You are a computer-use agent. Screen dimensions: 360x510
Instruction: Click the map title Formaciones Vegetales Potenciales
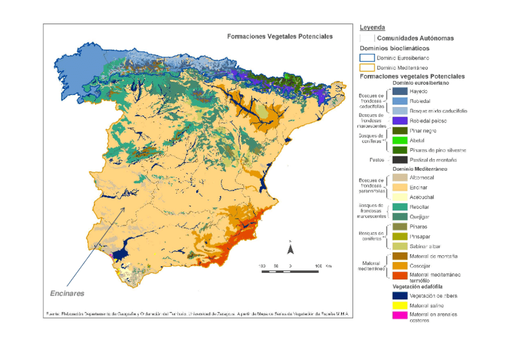pos(280,37)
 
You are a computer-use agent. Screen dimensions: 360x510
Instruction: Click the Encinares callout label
pos(66,293)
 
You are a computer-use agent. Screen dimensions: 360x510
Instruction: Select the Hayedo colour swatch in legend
pos(400,91)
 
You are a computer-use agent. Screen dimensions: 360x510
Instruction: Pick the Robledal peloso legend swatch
pos(400,121)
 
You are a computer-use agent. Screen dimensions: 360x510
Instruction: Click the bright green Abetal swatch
pos(400,140)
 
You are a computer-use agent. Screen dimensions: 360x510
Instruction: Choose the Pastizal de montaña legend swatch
pos(400,160)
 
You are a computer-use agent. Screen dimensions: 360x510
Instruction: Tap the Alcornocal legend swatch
pos(400,177)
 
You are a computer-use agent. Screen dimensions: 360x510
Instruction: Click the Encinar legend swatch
pos(400,187)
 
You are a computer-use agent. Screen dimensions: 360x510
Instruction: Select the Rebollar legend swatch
pos(400,207)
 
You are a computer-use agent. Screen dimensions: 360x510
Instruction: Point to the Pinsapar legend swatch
pos(400,236)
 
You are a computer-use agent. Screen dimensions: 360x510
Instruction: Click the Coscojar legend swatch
pos(400,266)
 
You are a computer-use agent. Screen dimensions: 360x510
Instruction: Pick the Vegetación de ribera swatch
pos(400,295)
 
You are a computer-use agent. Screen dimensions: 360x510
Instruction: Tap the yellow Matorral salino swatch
pos(400,305)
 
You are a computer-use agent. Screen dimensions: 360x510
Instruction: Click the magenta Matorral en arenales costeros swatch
pos(400,315)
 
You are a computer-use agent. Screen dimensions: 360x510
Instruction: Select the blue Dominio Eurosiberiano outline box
pos(366,58)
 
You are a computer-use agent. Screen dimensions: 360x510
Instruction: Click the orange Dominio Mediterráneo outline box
pos(366,67)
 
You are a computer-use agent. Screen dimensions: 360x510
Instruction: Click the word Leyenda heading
pos(372,28)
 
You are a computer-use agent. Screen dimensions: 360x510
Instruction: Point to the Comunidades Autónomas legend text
pos(415,38)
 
